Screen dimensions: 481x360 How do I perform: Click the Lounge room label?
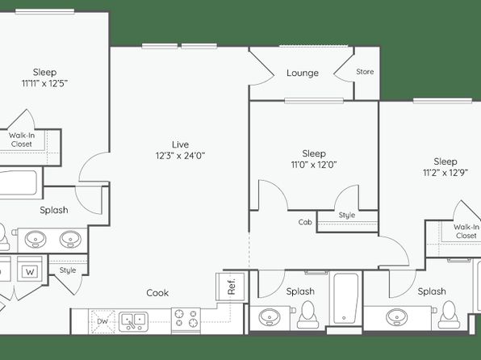303,73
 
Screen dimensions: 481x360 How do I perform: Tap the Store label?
365,72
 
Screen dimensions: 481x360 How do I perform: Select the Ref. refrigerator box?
230,287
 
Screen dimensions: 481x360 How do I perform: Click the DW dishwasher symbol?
102,321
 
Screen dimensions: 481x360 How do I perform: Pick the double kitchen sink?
133,321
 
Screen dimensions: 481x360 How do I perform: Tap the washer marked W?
30,270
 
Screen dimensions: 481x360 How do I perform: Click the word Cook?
157,293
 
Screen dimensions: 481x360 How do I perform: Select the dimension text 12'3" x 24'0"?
180,156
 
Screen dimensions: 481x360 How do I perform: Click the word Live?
181,144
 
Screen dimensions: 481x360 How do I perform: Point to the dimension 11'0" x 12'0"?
314,165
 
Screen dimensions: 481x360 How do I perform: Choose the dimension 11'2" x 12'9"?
445,173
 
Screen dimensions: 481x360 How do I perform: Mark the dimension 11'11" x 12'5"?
44,83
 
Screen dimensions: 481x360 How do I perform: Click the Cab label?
305,222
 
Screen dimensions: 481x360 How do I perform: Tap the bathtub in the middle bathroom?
345,298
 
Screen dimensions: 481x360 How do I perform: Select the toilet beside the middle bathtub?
307,315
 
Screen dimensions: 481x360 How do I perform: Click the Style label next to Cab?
347,216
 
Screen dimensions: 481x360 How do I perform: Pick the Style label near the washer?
68,270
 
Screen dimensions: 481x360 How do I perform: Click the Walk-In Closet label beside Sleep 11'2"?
466,232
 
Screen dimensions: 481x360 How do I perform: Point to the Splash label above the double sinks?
54,210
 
